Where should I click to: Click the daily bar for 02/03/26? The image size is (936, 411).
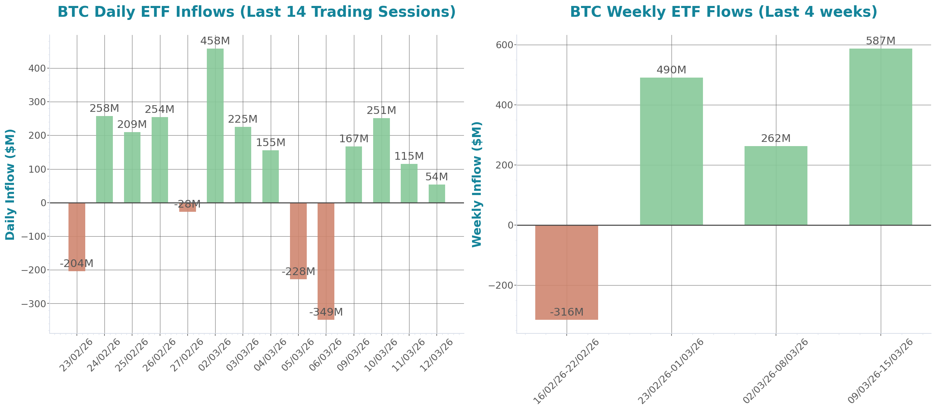pos(215,125)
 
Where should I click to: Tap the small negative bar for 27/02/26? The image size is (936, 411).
pos(188,208)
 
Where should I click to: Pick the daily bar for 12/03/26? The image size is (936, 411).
pos(437,194)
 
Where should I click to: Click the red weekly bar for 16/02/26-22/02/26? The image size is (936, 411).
pos(566,272)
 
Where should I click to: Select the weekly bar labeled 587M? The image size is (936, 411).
pos(880,137)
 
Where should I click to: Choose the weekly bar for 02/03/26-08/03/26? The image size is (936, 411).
pos(776,185)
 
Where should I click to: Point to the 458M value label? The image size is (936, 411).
pos(215,41)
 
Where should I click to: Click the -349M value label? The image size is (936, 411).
pos(326,312)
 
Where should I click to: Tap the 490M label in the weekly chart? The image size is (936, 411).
pos(671,70)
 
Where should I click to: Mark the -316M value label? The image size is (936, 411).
pos(566,312)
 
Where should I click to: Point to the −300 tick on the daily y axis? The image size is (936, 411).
pos(34,304)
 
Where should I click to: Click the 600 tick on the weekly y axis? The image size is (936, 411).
pos(505,45)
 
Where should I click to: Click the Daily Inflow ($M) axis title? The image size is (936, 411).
pos(10,184)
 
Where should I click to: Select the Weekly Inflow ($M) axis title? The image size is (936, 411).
pos(477,184)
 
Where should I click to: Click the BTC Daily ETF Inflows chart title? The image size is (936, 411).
pos(256,12)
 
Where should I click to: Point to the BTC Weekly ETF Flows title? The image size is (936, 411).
pos(724,12)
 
